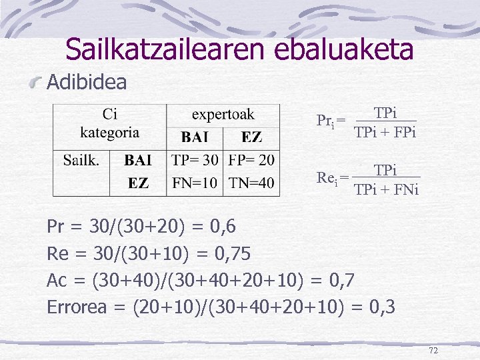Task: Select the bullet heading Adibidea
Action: tap(87, 83)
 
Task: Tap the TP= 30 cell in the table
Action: tap(195, 161)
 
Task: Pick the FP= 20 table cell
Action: tap(251, 161)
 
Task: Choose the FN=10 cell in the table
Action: tap(195, 183)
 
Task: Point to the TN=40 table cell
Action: tap(251, 183)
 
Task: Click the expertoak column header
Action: tap(223, 115)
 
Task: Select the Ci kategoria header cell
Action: tap(109, 123)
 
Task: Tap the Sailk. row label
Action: tap(81, 161)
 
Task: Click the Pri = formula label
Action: tap(330, 121)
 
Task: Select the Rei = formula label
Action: tap(331, 178)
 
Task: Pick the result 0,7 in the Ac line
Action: tap(347, 281)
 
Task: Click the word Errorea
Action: tap(83, 307)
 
